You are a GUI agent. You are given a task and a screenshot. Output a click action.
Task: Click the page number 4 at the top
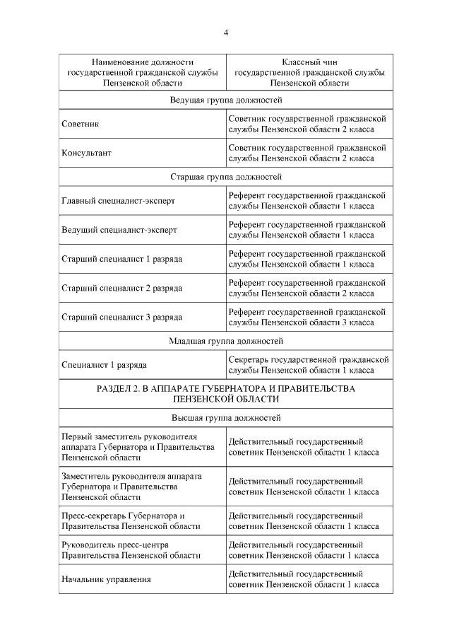[226, 32]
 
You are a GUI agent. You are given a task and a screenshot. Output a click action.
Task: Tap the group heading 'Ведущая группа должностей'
[226, 100]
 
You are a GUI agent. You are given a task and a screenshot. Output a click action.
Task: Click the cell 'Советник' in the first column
[81, 124]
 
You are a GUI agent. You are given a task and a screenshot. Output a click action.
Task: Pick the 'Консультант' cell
[87, 153]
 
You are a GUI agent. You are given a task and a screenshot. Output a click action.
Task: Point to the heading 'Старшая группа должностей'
[226, 177]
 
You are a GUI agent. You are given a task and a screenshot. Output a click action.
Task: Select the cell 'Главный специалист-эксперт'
[118, 201]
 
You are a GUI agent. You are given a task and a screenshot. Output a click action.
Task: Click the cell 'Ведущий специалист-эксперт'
[119, 230]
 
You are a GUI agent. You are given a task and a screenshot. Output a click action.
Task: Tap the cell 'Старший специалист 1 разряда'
[121, 259]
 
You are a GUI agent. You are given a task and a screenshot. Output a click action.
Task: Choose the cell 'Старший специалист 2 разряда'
[121, 288]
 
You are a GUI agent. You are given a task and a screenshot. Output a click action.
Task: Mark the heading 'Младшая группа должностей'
[226, 341]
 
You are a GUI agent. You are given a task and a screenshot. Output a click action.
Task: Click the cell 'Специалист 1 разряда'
[104, 365]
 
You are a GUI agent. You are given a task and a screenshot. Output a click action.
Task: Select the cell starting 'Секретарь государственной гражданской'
[309, 365]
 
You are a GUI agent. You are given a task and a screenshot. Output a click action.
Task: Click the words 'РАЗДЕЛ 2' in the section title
[118, 389]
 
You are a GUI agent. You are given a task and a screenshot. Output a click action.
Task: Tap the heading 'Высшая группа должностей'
[226, 418]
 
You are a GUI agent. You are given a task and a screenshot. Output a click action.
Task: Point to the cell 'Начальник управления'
[106, 579]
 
